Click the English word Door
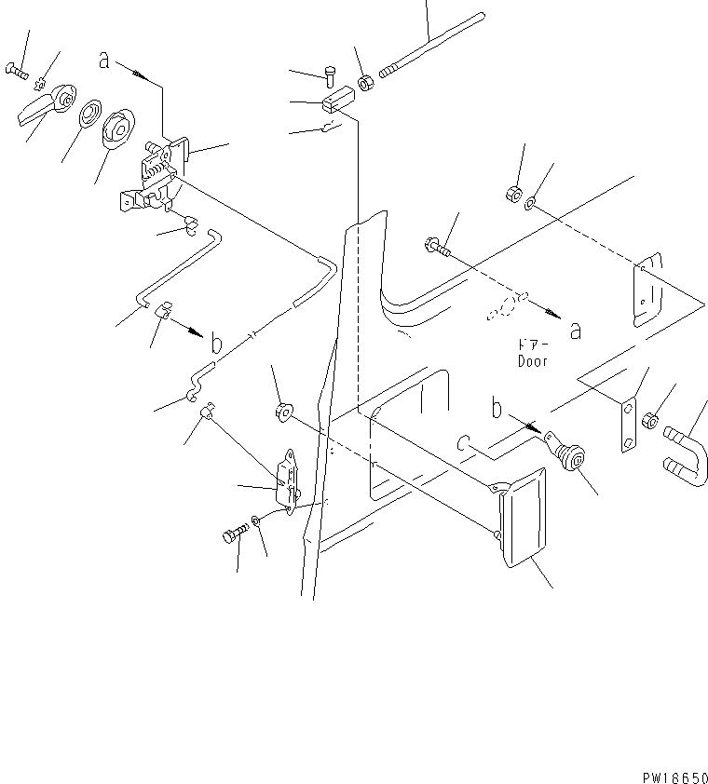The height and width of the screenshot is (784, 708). [x=533, y=360]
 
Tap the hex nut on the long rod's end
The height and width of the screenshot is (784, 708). [x=366, y=83]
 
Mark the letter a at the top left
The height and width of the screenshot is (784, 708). [x=105, y=61]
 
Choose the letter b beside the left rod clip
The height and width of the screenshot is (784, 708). [x=215, y=344]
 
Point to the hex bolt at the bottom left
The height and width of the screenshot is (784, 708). [x=232, y=535]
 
